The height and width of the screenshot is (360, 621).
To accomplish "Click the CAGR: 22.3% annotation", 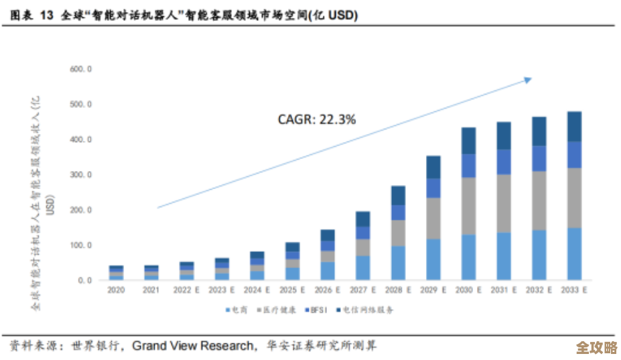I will coord(317,119).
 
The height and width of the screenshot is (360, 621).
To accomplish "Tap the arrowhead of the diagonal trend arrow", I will coord(528,78).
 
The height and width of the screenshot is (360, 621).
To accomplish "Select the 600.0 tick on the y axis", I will coord(80,69).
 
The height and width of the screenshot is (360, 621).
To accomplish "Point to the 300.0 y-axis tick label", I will coord(80,175).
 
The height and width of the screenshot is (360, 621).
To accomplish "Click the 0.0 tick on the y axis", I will coord(85,280).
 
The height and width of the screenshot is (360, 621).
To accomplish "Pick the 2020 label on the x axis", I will coord(116,291).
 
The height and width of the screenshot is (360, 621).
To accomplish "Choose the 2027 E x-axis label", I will coord(362,291).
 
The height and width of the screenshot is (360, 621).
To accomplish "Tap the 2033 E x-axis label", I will coord(574,291).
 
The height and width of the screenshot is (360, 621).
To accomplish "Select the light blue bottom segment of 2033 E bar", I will coord(574,254).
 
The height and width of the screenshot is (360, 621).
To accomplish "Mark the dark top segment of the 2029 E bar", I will coord(433,167).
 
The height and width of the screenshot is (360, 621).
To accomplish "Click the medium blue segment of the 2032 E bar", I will coord(539,158).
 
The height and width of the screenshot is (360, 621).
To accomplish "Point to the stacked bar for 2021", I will coord(151,273).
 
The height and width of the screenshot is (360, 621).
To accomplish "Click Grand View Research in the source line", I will coord(194,346).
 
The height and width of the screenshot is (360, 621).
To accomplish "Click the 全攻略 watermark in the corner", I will coord(596,348).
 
